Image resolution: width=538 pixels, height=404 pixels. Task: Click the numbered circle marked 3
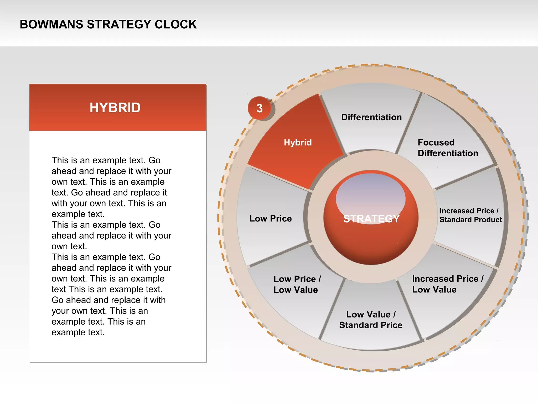pyautogui.click(x=260, y=108)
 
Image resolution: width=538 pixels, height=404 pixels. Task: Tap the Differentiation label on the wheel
pyautogui.click(x=371, y=117)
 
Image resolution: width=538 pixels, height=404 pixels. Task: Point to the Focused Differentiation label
pyautogui.click(x=448, y=148)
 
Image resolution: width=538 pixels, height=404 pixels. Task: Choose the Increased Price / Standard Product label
pyautogui.click(x=470, y=215)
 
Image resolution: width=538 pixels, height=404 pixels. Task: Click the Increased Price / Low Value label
pyautogui.click(x=448, y=284)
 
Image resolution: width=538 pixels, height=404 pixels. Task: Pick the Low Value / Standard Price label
pyautogui.click(x=371, y=320)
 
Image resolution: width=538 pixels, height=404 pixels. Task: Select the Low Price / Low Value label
pyautogui.click(x=297, y=284)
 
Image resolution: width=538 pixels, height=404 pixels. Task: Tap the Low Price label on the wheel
pyautogui.click(x=270, y=219)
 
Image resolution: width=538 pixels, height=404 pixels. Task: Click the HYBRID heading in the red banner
pyautogui.click(x=115, y=108)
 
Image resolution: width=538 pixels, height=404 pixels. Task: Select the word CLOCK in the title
pyautogui.click(x=175, y=24)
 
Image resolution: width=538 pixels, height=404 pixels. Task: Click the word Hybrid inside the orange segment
pyautogui.click(x=298, y=143)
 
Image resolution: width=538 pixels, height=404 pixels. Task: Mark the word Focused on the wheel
pyautogui.click(x=436, y=143)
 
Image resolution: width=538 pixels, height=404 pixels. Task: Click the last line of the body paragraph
pyautogui.click(x=78, y=332)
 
